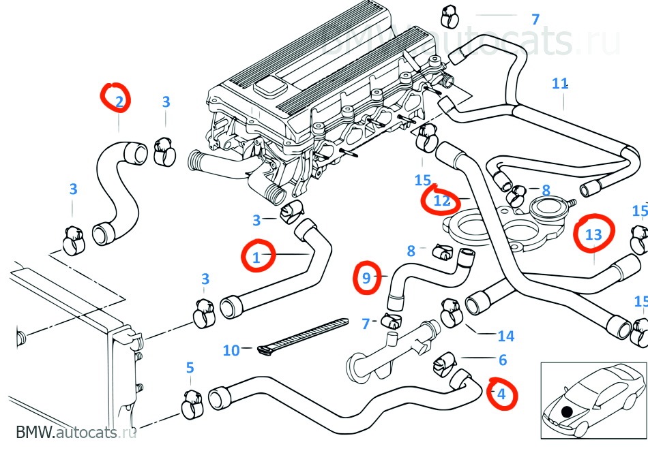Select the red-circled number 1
coord(257,257)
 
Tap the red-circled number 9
coord(366,277)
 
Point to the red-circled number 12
coord(441,200)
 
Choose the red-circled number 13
coord(593,234)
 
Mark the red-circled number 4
coord(501,394)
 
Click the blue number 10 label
coord(231,350)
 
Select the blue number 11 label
coord(560,84)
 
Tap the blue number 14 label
coord(505,335)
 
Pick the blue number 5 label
coord(190,368)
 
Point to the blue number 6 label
coord(503,360)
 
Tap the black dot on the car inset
coord(565,410)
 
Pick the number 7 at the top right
coord(535,19)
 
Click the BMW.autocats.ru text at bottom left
coord(75,433)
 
